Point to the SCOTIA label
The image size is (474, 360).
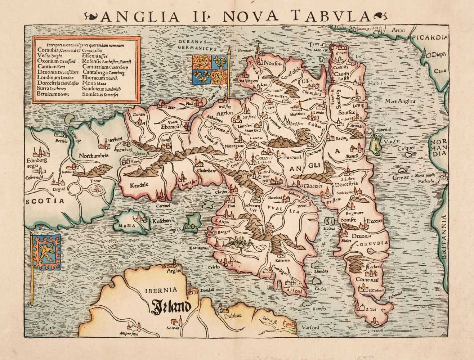pyautogui.click(x=44, y=201)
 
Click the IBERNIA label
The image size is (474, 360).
pyautogui.click(x=164, y=289)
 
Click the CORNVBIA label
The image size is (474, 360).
pyautogui.click(x=372, y=243)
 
